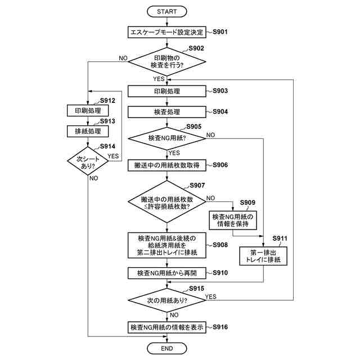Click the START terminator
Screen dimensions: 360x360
167,11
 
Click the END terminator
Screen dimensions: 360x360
167,348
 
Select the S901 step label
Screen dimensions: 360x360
220,31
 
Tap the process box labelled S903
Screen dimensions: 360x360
167,91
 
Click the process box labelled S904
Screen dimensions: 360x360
167,112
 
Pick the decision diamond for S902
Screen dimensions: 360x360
167,61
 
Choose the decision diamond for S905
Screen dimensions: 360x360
167,138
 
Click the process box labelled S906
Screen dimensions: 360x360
167,165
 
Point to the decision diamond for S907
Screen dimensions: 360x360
167,202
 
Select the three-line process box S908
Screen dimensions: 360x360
167,245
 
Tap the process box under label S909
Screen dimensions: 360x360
233,220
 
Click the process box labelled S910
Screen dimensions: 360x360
167,273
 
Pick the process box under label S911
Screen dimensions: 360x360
263,256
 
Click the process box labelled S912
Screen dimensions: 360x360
88,111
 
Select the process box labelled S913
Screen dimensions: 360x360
88,131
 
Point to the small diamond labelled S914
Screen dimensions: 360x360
88,161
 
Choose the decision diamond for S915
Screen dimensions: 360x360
167,300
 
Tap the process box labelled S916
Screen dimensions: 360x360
167,327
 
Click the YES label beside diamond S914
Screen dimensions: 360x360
113,156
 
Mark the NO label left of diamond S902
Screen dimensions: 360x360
123,58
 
